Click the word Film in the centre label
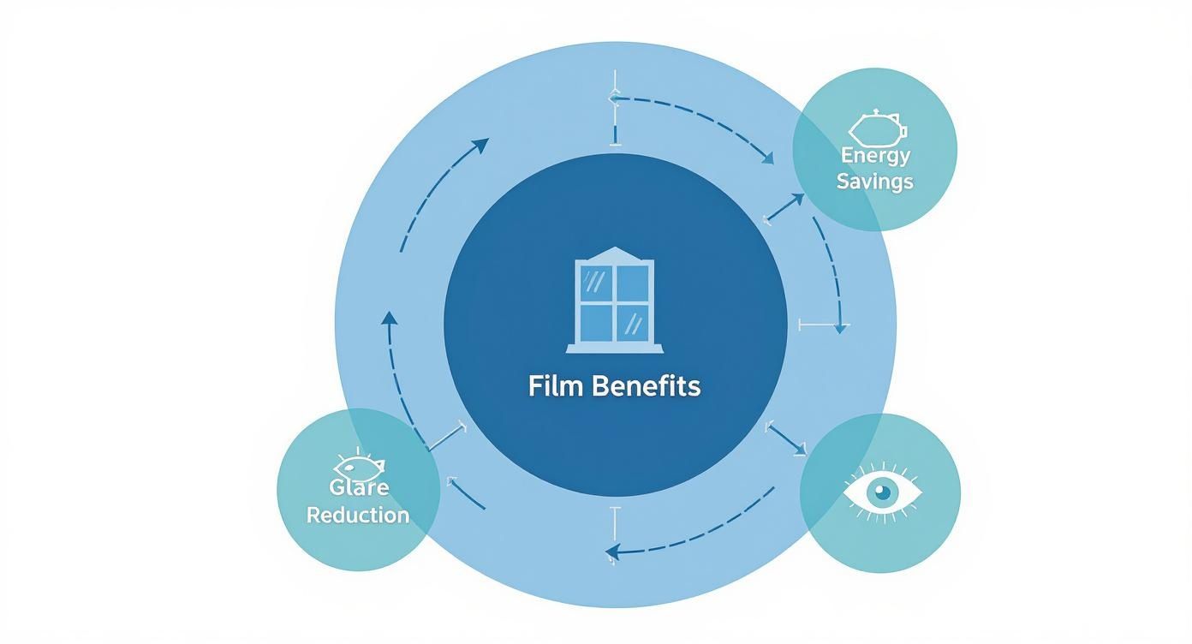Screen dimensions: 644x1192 [x=550, y=386]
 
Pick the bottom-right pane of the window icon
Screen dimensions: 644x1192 [x=632, y=322]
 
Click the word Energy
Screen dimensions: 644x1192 [x=875, y=155]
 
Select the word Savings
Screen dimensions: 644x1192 [x=875, y=182]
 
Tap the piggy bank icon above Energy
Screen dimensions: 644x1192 [x=877, y=128]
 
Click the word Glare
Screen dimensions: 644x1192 [x=359, y=488]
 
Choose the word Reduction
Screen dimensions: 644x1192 [x=358, y=516]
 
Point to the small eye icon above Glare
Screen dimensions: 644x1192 [x=360, y=466]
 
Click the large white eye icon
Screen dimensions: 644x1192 [x=883, y=492]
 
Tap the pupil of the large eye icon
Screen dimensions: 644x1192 [x=882, y=492]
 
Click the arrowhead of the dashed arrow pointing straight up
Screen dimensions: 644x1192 [x=390, y=317]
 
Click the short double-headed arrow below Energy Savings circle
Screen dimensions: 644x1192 [x=784, y=208]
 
